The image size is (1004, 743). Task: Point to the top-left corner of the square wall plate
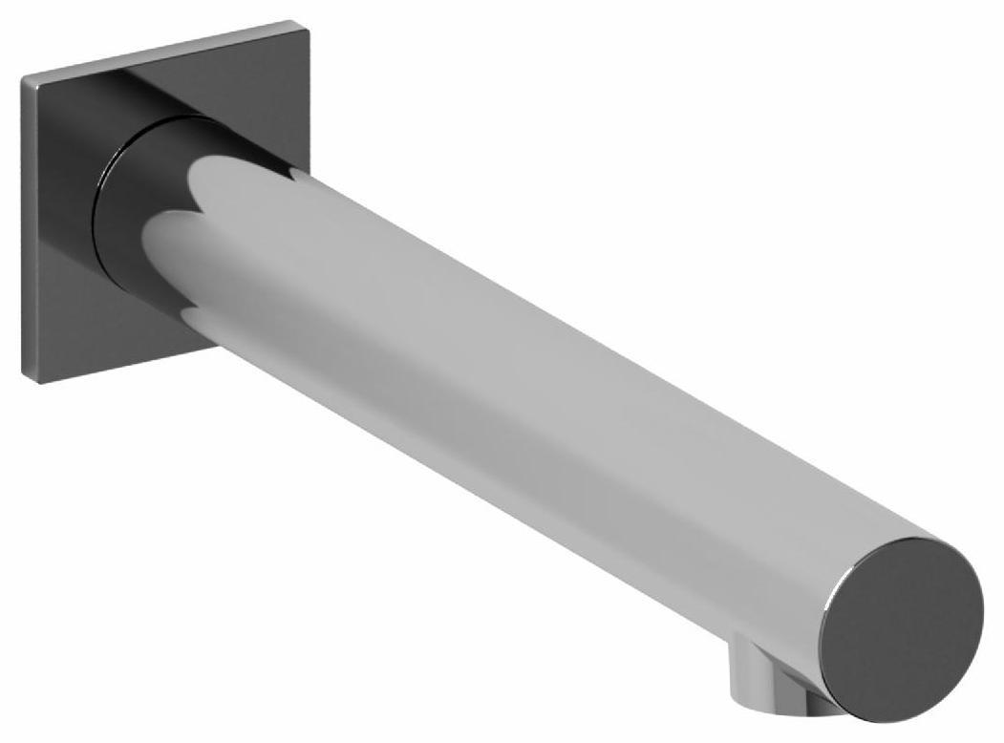23,77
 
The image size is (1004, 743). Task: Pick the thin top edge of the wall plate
153,48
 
